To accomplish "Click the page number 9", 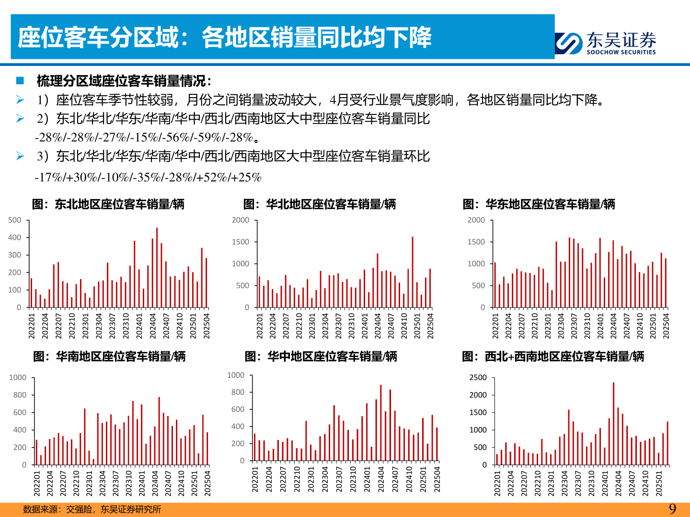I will pos(672,509).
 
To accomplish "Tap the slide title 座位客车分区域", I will pos(224,37).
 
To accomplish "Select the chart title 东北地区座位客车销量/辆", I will pos(108,204).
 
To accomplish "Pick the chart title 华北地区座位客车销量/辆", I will pos(320,204).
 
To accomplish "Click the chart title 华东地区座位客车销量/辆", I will pos(539,204).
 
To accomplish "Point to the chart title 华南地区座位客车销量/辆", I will pos(109,357).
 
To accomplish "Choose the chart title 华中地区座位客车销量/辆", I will pos(321,357).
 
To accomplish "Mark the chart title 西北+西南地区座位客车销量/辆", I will pos(553,357).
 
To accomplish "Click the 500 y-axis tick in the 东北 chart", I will pos(15,220).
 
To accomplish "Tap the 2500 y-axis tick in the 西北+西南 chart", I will pos(478,378).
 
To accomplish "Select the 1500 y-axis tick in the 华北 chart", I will pos(241,242).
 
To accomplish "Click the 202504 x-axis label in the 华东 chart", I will pos(666,326).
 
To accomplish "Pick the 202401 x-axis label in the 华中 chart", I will pos(367,479).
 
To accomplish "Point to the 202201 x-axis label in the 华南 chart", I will pos(37,483).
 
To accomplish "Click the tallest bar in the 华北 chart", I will pos(412,272).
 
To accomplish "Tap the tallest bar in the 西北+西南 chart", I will pos(613,423).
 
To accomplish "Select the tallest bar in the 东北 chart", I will pos(157,267).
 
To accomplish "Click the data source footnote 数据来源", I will pos(92,509).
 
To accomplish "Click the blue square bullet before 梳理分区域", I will pos(20,80).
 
